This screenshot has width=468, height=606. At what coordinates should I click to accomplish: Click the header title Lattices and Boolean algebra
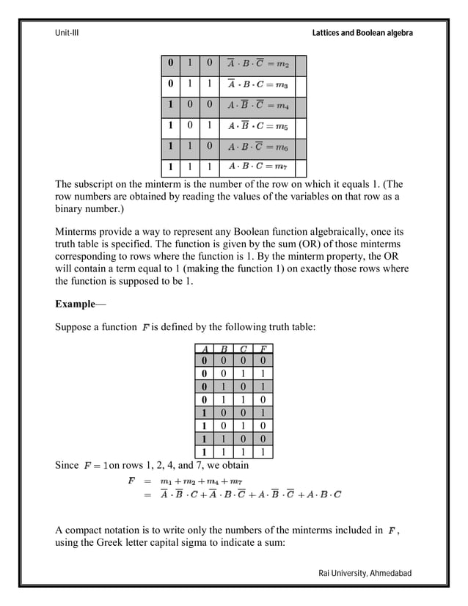[x=362, y=34]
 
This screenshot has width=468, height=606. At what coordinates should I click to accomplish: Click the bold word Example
[x=75, y=304]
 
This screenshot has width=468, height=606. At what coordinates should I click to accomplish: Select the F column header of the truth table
[x=263, y=349]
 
